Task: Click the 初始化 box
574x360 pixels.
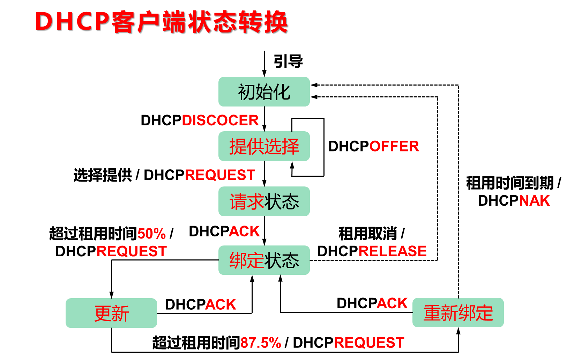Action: (x=264, y=92)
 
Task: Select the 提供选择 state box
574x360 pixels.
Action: (x=264, y=146)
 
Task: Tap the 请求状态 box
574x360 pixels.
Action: (x=264, y=201)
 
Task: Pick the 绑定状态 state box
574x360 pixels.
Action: (x=264, y=260)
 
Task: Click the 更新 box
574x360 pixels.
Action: (x=111, y=313)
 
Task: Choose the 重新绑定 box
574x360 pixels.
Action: (x=458, y=313)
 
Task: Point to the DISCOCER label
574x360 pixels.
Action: (x=220, y=120)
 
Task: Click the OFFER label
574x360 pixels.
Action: (x=394, y=146)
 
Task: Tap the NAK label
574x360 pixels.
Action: (x=535, y=201)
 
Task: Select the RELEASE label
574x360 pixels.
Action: (x=393, y=251)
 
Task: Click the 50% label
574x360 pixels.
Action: (x=152, y=234)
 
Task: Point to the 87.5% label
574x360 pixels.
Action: (x=261, y=343)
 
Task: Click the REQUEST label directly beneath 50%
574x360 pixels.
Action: (x=132, y=251)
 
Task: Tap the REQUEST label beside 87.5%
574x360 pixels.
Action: (x=369, y=343)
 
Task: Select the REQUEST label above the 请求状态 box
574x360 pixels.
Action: (x=220, y=175)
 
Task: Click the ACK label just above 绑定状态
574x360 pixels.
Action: (x=244, y=231)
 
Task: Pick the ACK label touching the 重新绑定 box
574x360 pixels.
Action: (x=392, y=303)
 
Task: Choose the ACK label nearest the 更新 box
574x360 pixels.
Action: (x=221, y=304)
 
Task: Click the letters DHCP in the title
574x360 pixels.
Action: (x=73, y=22)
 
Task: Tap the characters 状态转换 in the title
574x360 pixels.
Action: (x=238, y=22)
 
